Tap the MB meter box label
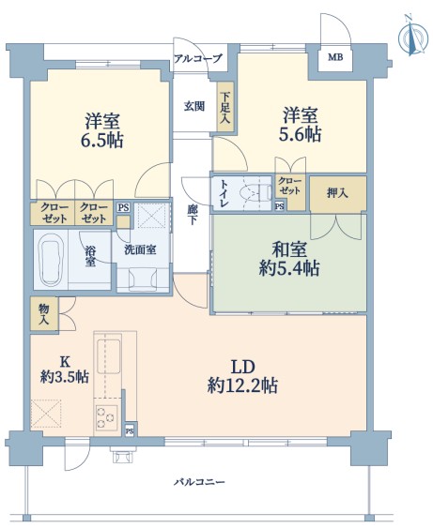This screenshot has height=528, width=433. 335,57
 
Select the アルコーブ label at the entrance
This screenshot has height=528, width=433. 198,58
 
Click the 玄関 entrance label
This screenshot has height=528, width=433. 194,106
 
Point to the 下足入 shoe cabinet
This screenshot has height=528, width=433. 224,108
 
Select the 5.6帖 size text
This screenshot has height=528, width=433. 300,134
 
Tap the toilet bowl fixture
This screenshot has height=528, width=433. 255,192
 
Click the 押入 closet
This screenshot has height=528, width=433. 337,194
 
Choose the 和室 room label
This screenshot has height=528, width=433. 289,249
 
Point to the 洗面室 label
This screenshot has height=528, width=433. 140,249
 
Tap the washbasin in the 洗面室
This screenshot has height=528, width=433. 143,279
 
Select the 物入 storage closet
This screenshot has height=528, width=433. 44,314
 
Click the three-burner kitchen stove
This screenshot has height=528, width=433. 106,417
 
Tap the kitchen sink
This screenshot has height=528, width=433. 108,356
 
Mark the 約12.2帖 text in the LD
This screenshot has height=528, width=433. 242,385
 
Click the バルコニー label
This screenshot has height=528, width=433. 199,482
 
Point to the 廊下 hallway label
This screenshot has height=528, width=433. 192,215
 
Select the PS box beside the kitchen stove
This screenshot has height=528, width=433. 130,430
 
